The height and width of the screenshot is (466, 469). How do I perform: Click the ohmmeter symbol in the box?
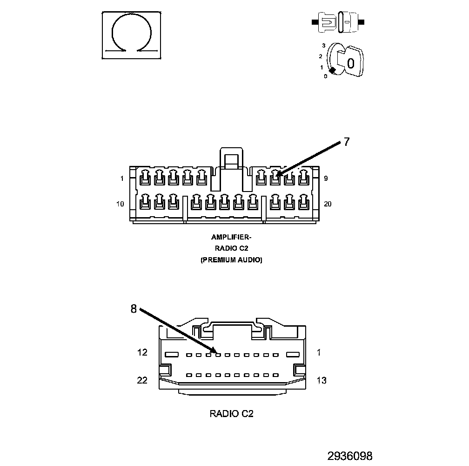click(132, 35)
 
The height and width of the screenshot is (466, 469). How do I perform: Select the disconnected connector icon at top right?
click(338, 22)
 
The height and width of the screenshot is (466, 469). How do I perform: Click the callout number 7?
click(347, 142)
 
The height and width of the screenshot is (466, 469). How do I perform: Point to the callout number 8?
click(134, 309)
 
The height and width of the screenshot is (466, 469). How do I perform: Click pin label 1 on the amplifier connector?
click(122, 179)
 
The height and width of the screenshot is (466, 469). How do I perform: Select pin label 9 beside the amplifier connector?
click(326, 178)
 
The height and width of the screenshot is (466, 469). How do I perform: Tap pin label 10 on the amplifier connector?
click(121, 204)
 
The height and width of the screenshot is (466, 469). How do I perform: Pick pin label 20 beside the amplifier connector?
click(328, 204)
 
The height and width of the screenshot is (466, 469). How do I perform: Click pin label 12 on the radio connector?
click(142, 352)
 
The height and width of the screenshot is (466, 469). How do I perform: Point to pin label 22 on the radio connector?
click(142, 380)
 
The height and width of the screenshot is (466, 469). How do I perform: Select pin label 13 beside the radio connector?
click(321, 381)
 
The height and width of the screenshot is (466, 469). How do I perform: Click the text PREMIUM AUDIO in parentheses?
click(231, 260)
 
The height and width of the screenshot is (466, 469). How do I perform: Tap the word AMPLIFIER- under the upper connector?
click(231, 237)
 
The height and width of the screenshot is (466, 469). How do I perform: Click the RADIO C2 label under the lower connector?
click(231, 413)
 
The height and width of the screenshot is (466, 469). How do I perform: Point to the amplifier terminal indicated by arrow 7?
click(275, 177)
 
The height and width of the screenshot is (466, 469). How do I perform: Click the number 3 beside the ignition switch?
click(323, 46)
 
